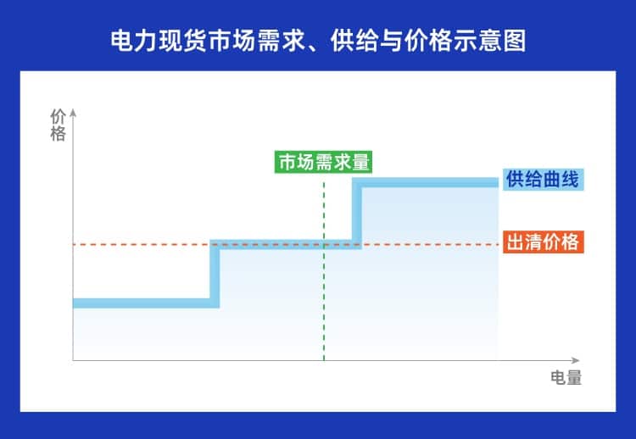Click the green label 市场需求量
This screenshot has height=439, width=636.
click(x=324, y=161)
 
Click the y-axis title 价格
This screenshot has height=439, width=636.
click(x=58, y=125)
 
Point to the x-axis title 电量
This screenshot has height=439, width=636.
click(x=566, y=378)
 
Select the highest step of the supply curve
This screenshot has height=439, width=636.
click(x=428, y=182)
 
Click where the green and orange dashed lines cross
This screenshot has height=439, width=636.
click(x=324, y=245)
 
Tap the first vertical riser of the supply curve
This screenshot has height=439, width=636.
click(x=215, y=273)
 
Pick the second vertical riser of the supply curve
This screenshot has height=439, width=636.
click(x=357, y=213)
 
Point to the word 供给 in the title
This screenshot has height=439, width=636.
click(x=354, y=40)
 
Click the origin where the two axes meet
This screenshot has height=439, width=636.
click(x=74, y=361)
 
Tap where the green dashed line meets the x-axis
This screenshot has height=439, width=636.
click(x=324, y=361)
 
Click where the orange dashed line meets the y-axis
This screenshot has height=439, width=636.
click(x=74, y=245)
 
